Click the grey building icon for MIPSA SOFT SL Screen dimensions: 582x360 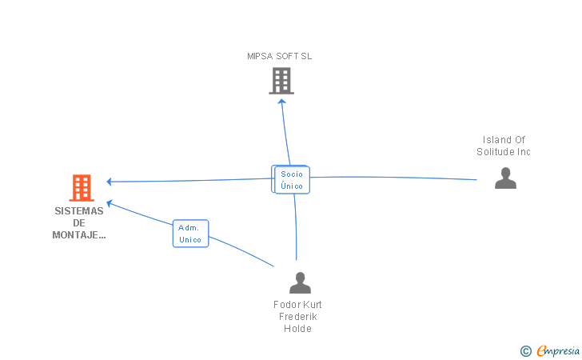(x=281, y=81)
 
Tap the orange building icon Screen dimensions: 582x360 (x=81, y=188)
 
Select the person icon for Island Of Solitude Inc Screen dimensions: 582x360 (x=505, y=178)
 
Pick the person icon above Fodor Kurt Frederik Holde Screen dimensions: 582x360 (x=300, y=283)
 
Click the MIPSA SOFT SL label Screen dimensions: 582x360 (x=279, y=56)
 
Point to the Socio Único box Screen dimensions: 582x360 (x=292, y=180)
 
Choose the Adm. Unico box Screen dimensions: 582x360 (x=190, y=234)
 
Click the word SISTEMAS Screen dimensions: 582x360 (x=79, y=211)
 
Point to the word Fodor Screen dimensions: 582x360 (x=285, y=305)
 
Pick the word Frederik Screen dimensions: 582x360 (x=297, y=317)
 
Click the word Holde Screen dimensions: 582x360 (x=297, y=328)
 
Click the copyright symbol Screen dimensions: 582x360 (x=525, y=350)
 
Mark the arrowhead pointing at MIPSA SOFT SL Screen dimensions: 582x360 (x=282, y=102)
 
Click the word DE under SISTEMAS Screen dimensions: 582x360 (x=79, y=222)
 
